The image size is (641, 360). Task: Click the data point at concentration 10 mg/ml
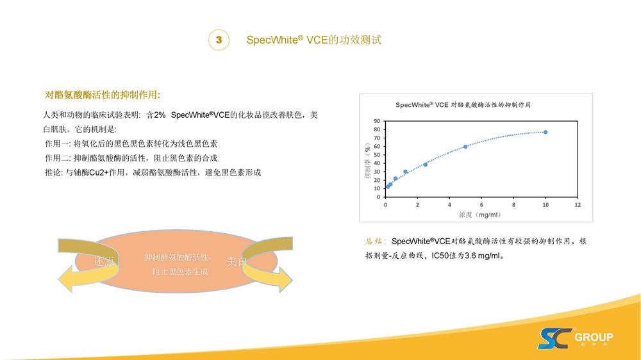click(x=545, y=132)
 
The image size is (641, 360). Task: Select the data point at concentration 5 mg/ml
click(x=465, y=147)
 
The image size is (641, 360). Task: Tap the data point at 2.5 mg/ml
click(x=425, y=165)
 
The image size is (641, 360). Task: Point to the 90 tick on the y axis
click(x=377, y=120)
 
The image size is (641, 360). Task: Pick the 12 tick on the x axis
click(x=577, y=205)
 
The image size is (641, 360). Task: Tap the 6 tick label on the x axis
click(x=481, y=205)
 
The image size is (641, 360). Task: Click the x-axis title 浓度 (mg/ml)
click(x=481, y=215)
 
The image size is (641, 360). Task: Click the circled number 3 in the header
click(x=219, y=40)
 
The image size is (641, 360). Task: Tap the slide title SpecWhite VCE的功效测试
click(x=314, y=40)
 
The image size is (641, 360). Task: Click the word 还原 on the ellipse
click(x=104, y=262)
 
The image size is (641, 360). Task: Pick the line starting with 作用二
click(x=131, y=158)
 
